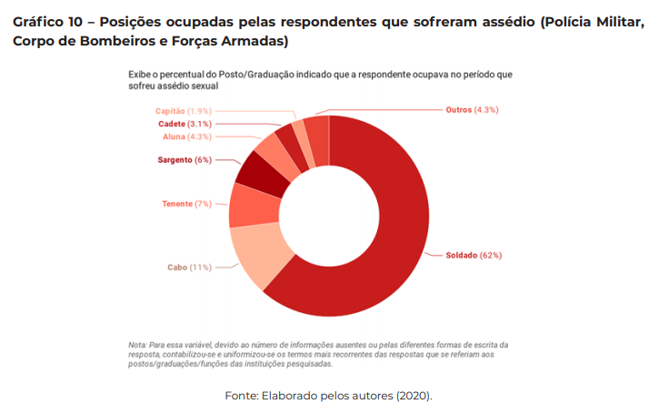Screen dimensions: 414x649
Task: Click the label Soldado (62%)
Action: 474,255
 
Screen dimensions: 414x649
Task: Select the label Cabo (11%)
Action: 189,268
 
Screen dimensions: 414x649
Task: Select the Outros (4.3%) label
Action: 472,109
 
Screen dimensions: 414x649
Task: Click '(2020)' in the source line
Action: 413,396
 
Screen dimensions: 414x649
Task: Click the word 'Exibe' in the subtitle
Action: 140,74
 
